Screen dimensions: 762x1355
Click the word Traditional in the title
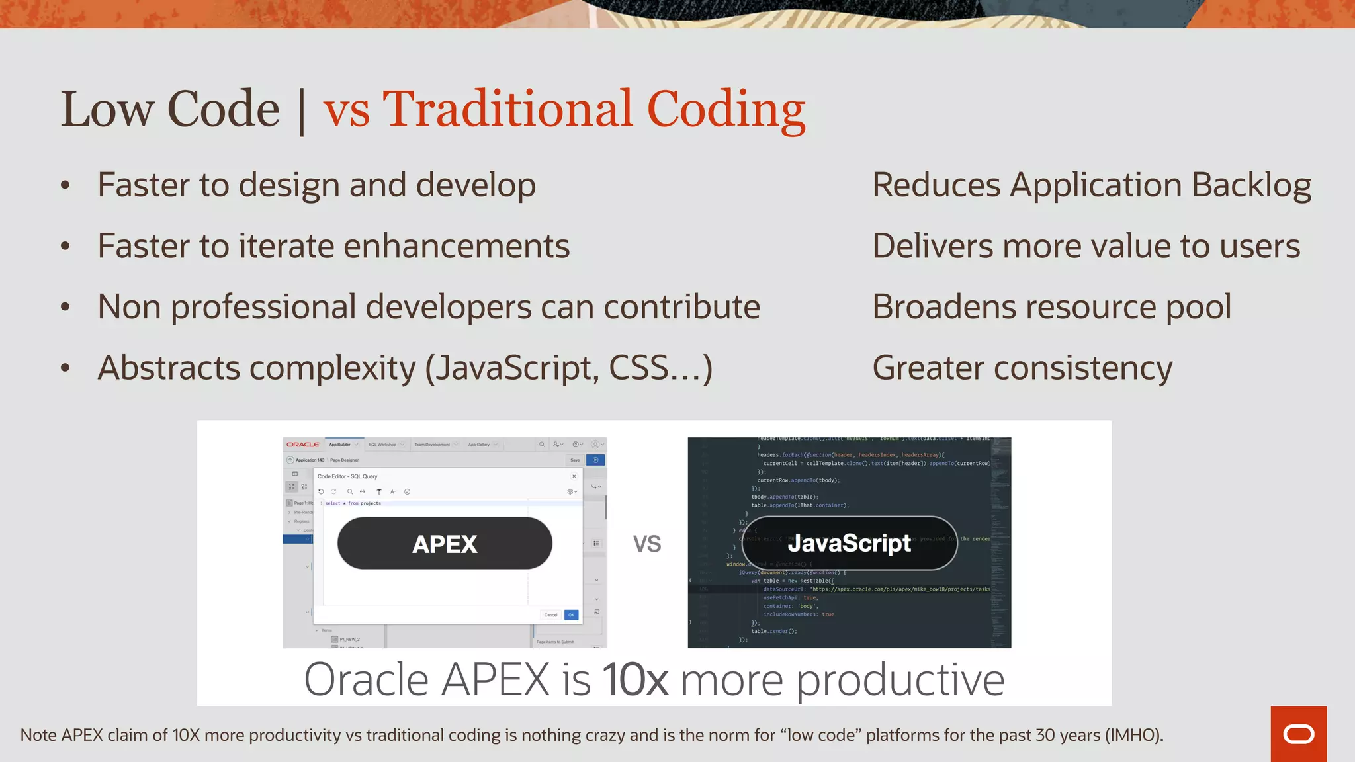point(507,109)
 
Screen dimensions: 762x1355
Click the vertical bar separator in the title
point(302,111)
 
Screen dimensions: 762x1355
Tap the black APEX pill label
point(445,544)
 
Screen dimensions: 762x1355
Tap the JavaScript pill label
point(849,543)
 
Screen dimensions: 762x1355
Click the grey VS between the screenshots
point(646,544)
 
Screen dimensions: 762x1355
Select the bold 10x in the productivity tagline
point(635,679)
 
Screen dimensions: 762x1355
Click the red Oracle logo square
point(1298,734)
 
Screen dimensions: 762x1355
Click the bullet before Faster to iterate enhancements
point(65,247)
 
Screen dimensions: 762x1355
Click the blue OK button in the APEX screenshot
point(571,615)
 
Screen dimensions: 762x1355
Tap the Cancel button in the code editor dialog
point(550,615)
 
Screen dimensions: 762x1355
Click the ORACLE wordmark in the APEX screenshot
point(303,444)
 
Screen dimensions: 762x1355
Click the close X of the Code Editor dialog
point(574,476)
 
